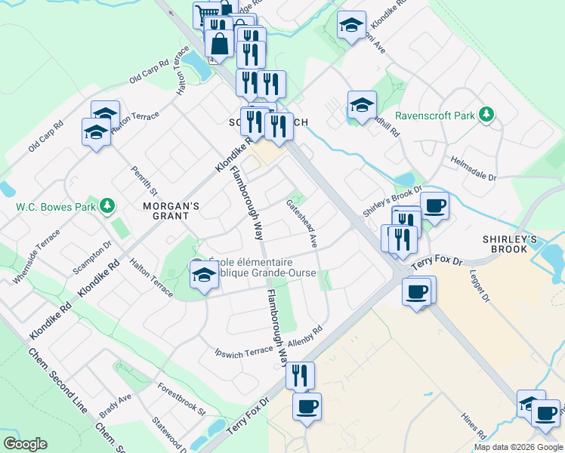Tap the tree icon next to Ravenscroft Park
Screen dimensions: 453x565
[488, 115]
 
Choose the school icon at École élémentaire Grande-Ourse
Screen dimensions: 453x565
[205, 276]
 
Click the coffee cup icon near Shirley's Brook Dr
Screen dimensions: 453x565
[434, 204]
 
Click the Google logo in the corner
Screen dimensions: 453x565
[25, 444]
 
